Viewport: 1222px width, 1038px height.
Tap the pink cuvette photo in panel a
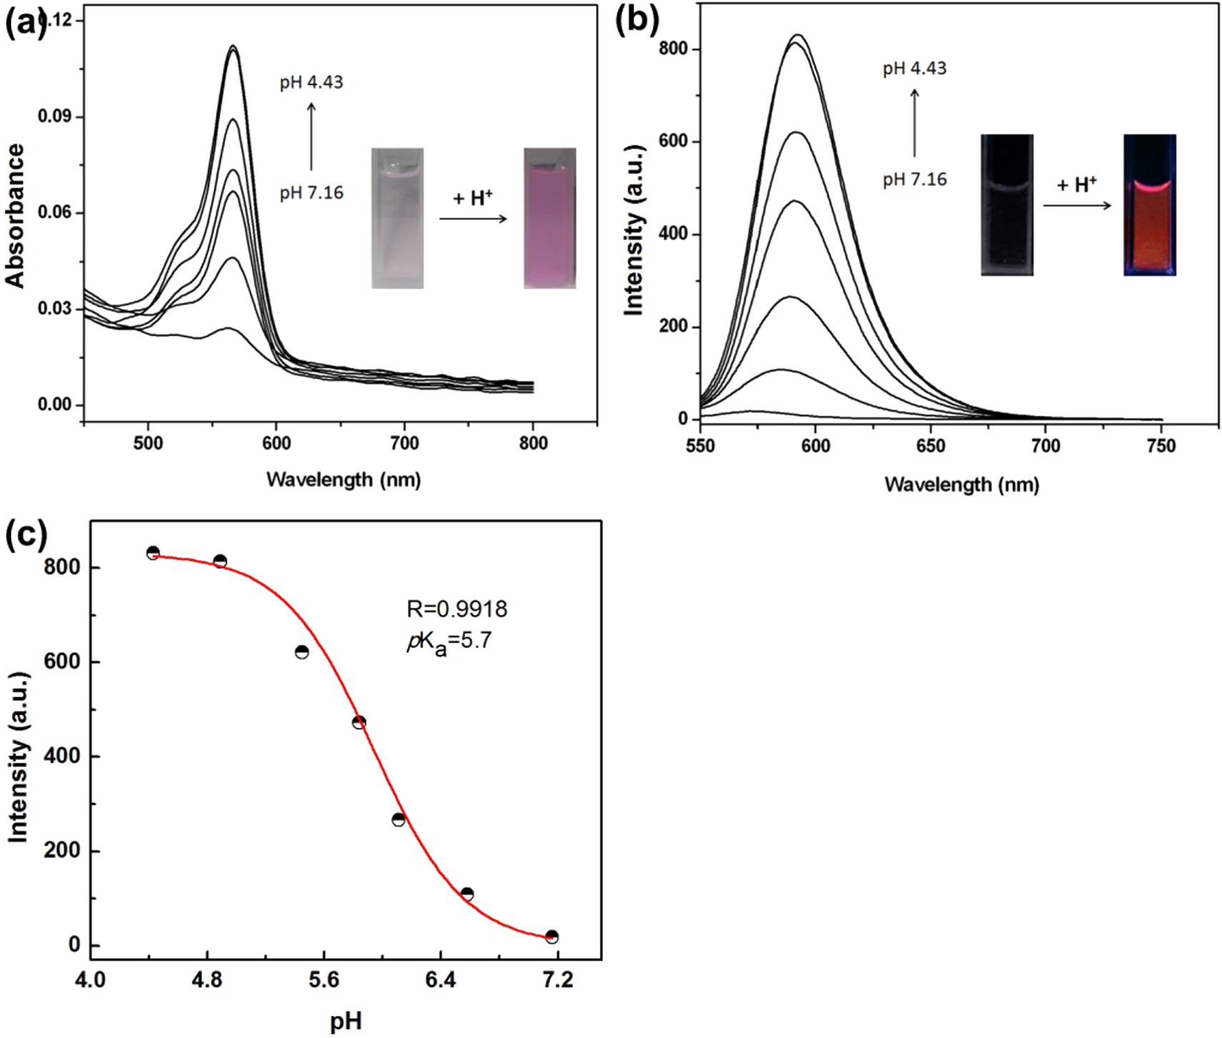pos(550,218)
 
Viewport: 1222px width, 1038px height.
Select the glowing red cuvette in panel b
pos(1149,205)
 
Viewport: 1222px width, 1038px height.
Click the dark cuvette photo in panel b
pos(1006,205)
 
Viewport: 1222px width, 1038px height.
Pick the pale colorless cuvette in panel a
pos(397,218)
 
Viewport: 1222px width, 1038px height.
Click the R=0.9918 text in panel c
pos(457,609)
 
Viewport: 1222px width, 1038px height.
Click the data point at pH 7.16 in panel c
pos(551,937)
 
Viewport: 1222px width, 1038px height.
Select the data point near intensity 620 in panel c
pos(302,652)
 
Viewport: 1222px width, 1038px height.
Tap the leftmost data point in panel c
pos(153,553)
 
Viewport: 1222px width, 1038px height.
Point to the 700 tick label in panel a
pos(404,444)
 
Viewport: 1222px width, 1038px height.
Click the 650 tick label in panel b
pos(930,446)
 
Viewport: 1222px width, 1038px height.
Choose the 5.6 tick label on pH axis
pos(324,980)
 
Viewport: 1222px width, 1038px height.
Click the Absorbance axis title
pos(16,216)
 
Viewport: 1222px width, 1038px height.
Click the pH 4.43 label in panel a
pos(311,83)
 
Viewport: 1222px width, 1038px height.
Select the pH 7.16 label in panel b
pos(914,179)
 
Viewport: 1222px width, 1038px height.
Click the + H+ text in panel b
pos(1076,186)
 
